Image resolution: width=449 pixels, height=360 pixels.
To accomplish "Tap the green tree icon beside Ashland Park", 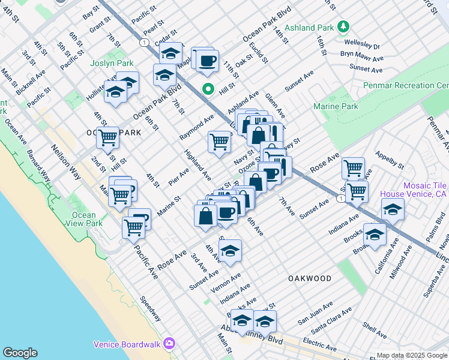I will pos(343,26).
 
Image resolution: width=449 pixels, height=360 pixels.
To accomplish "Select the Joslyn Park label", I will pos(110,63).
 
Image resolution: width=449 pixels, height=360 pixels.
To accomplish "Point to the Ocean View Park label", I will pos(84,219).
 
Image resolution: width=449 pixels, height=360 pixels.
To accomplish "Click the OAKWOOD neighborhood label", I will pos(310,278).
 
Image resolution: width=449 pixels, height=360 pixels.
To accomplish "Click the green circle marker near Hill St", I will pos(208,90).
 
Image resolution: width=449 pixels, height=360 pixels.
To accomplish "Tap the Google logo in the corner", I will pos(20,353).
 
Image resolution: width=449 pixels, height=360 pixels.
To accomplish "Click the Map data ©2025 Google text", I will pos(412,356).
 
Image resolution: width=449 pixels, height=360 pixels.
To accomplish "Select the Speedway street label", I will pos(150,308).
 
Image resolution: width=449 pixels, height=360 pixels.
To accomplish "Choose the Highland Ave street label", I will pos(197,166).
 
